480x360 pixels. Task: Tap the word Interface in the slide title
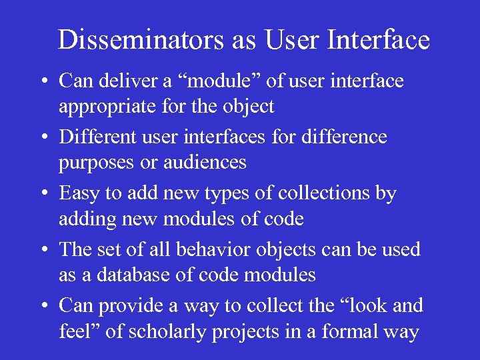pos(380,40)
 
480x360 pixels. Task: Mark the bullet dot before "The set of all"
pos(42,251)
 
